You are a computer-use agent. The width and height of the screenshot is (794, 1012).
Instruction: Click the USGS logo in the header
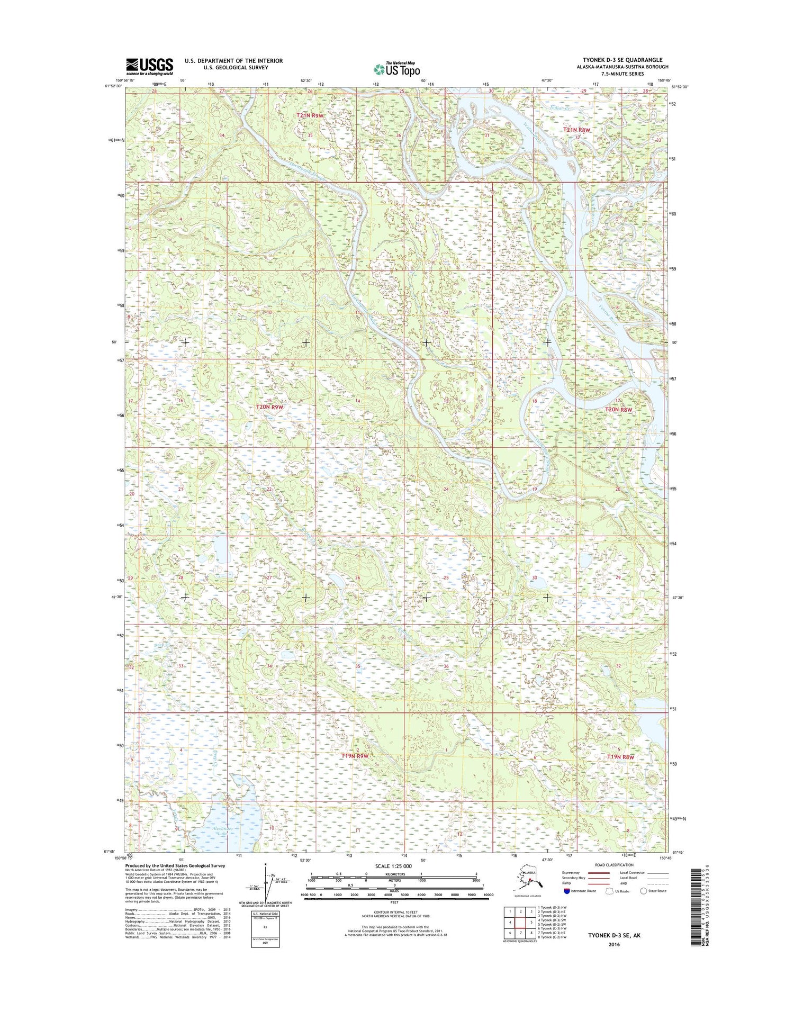coord(149,66)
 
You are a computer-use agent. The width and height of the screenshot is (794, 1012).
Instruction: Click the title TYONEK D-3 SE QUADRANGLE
coord(622,60)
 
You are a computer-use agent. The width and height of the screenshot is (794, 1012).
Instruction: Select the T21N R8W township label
coord(576,130)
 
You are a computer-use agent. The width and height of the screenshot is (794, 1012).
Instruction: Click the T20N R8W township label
coord(619,410)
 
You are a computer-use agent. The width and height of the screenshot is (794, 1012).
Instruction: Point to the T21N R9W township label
coord(310,115)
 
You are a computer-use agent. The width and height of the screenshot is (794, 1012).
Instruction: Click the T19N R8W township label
coord(620,757)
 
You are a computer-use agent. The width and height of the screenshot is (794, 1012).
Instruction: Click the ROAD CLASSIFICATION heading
coord(613,865)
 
